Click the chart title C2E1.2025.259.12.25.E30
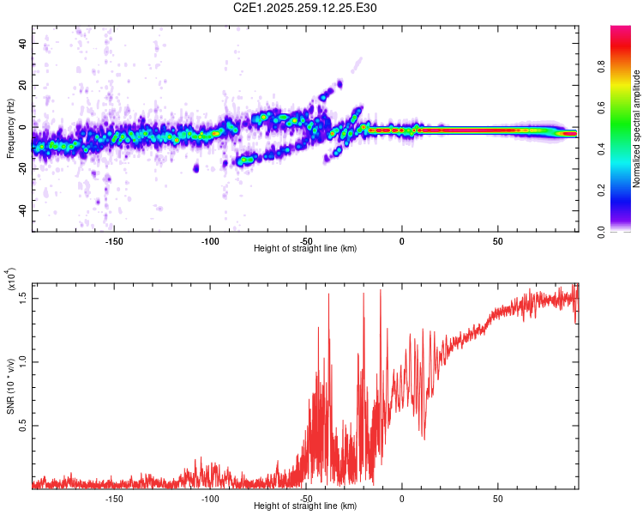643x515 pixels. click(305, 8)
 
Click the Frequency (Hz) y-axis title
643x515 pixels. click(11, 129)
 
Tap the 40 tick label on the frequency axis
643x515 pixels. click(22, 43)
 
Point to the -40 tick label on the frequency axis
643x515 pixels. click(21, 210)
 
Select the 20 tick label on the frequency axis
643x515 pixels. click(22, 85)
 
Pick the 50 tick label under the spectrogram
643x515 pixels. click(497, 240)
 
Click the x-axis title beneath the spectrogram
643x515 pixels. click(305, 249)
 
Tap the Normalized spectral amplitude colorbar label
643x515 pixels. click(637, 129)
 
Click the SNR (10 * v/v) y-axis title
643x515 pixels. click(11, 386)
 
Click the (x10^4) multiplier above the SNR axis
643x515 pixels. click(11, 280)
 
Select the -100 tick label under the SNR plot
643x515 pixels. click(210, 498)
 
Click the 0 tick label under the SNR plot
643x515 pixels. click(401, 498)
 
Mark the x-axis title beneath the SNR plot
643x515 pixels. click(305, 506)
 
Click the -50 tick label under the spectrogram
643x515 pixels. click(306, 240)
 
